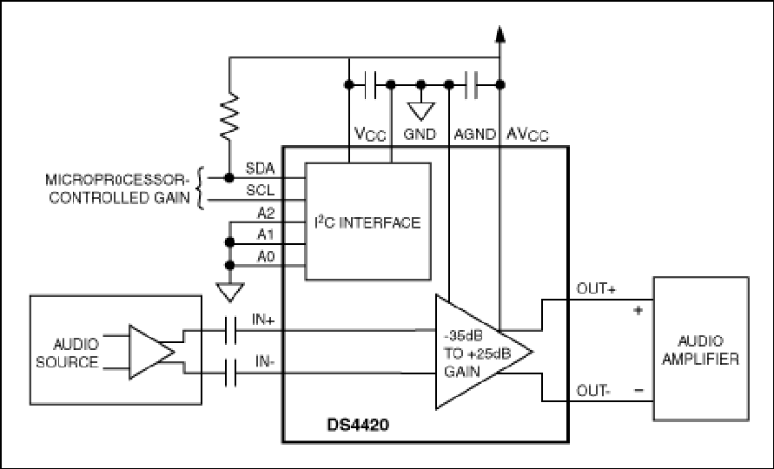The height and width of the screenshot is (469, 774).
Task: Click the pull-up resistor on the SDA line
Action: click(229, 116)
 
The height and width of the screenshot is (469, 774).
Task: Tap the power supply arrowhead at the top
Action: click(500, 35)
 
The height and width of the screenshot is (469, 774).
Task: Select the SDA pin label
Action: click(260, 168)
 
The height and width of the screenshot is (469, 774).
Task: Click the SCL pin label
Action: click(260, 190)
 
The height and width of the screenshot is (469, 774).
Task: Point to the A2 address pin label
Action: click(266, 214)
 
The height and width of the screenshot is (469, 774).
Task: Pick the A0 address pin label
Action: click(266, 257)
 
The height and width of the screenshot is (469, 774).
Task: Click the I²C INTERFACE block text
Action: click(367, 222)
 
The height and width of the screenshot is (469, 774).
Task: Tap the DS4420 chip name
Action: click(358, 425)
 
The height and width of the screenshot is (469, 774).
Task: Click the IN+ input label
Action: click(263, 320)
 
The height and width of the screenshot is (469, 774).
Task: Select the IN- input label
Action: click(265, 361)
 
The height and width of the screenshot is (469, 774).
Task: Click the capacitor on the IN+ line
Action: click(230, 330)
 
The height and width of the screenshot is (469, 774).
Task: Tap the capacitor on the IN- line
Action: click(230, 373)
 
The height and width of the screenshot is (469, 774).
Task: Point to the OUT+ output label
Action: click(596, 289)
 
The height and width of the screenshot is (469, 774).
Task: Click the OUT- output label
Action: click(593, 391)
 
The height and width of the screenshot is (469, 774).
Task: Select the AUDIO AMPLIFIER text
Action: click(700, 350)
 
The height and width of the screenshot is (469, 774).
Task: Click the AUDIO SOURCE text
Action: click(68, 353)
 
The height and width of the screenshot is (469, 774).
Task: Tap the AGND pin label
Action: click(475, 135)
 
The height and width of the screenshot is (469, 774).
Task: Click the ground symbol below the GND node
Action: click(420, 111)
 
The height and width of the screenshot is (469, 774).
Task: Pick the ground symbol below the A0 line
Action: click(230, 292)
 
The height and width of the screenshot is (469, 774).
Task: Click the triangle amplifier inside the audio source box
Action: click(151, 352)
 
